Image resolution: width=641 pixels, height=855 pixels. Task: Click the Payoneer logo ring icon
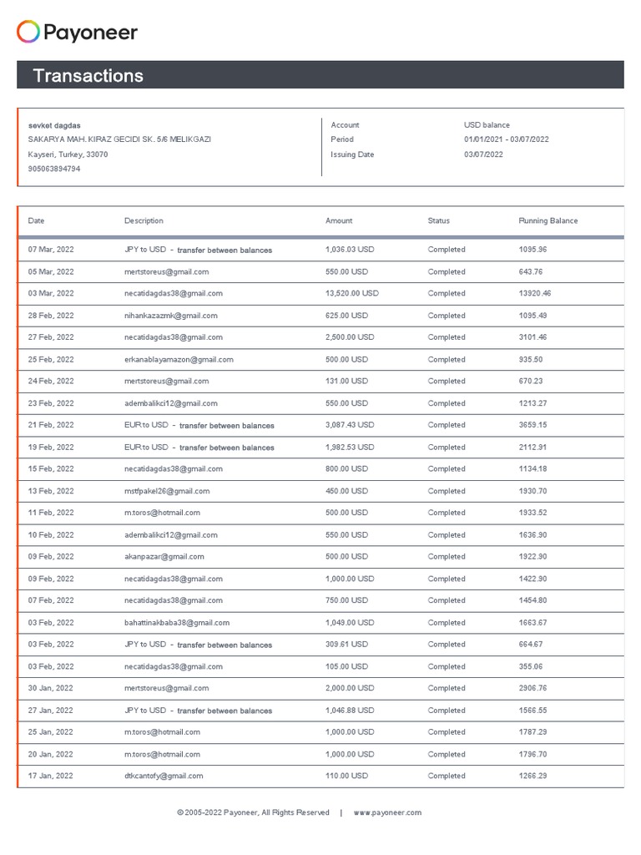coord(28,33)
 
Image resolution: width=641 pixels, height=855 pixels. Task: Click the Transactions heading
coord(88,76)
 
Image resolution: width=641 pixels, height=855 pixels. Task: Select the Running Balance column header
coord(548,221)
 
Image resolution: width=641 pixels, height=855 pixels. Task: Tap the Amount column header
coord(339,221)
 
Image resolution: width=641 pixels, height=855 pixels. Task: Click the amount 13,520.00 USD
coord(351,294)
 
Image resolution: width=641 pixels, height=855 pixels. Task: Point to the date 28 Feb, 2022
coord(51,316)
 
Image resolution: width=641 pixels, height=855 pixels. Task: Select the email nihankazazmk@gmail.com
coord(170,316)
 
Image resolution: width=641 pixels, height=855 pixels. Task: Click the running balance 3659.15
coord(532,425)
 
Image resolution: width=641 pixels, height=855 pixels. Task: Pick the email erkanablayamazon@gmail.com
coord(179,360)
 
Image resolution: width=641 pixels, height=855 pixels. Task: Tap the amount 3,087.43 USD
coord(350,425)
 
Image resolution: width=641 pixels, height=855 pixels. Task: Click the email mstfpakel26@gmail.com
coord(167,491)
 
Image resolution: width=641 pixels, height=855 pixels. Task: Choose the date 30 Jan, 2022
coord(51,689)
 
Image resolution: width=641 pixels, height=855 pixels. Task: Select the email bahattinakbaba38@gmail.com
coord(177,623)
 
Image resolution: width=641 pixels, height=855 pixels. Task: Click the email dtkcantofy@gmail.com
coord(164,777)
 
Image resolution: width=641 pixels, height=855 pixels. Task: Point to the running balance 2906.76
coord(532,689)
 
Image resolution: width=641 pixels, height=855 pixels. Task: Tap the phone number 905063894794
coord(54,169)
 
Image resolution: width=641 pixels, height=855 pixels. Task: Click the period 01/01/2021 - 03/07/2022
coord(506,139)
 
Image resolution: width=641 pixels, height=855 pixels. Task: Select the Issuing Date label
coord(352,154)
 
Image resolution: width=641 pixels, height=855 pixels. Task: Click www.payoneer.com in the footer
coord(387,812)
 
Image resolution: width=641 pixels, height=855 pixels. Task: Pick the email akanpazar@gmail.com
coord(164,557)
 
